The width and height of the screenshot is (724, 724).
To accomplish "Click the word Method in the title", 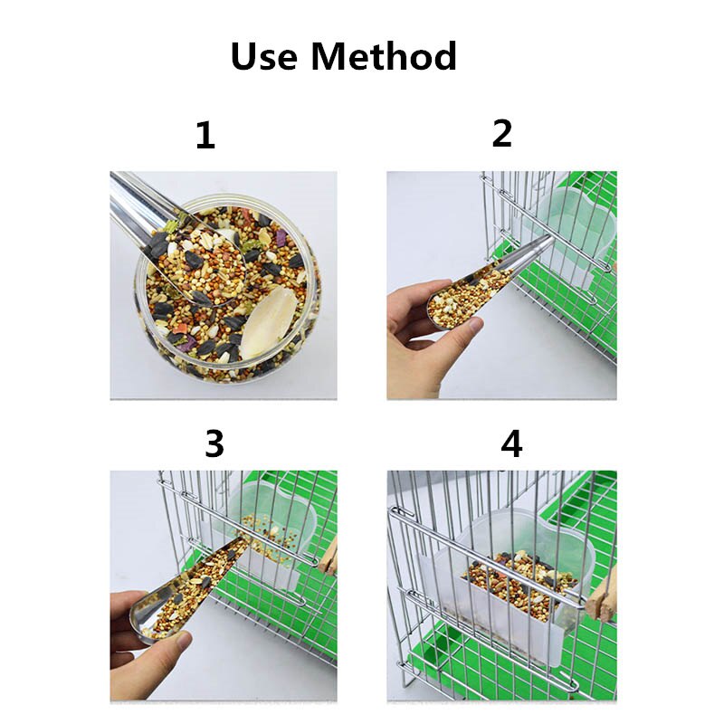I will pos(384,56).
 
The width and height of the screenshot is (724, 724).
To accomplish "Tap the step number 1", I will pos(205,136).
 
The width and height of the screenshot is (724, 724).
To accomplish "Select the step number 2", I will pos(502,133).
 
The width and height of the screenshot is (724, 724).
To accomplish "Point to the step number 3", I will pos(214,444).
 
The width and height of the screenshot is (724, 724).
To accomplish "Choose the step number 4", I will pos(512,444).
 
